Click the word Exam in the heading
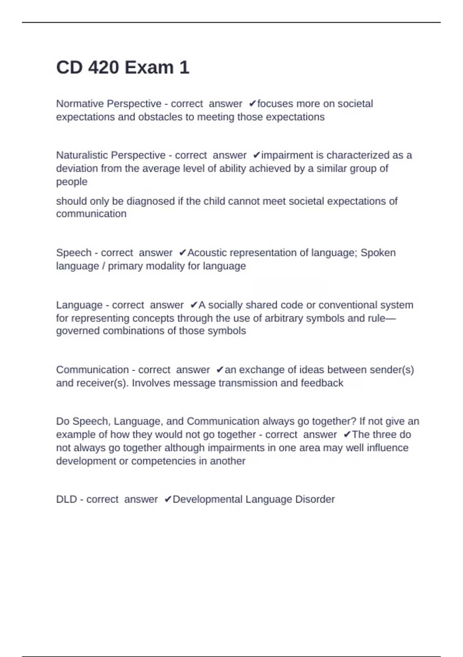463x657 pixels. coord(149,68)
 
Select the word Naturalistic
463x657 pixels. coord(83,155)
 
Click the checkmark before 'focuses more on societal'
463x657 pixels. coord(253,104)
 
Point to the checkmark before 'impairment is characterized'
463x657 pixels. coord(257,155)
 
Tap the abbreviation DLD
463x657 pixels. coord(66,499)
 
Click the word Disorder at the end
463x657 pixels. coord(315,499)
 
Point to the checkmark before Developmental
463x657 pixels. coord(168,499)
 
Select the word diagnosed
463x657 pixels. coord(150,201)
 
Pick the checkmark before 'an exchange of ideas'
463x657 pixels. coord(220,370)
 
